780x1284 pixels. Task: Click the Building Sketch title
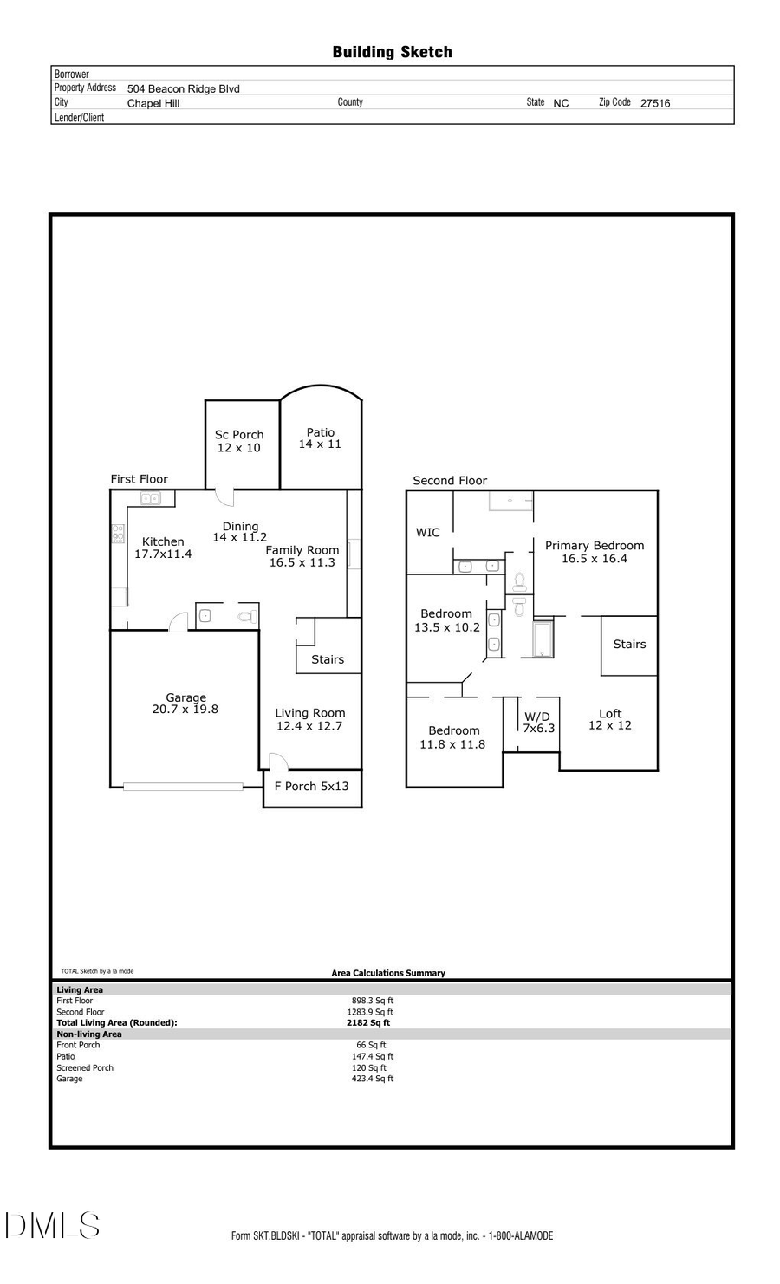tap(392, 52)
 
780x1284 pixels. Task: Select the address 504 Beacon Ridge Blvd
tap(183, 88)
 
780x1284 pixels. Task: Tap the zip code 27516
tap(654, 103)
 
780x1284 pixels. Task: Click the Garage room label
tap(185, 697)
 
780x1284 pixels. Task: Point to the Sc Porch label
tap(239, 435)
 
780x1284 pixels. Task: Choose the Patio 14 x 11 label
tap(320, 438)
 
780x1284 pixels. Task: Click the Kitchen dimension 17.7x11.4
tap(163, 554)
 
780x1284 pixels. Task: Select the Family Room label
tap(302, 550)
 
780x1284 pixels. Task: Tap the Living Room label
tap(309, 713)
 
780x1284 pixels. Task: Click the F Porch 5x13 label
tap(311, 787)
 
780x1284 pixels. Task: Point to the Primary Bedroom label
tap(595, 546)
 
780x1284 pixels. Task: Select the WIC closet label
tap(427, 533)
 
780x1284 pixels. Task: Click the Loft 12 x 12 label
tap(610, 720)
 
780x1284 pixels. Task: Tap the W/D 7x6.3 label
tap(537, 723)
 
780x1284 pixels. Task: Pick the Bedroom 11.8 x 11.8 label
tap(452, 737)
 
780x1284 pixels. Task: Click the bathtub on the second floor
tap(543, 639)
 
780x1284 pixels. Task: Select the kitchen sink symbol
tap(151, 498)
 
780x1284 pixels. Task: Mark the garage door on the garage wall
tap(183, 787)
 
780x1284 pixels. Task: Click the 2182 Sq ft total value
tap(368, 1023)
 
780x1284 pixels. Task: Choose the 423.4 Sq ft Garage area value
tap(373, 1079)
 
